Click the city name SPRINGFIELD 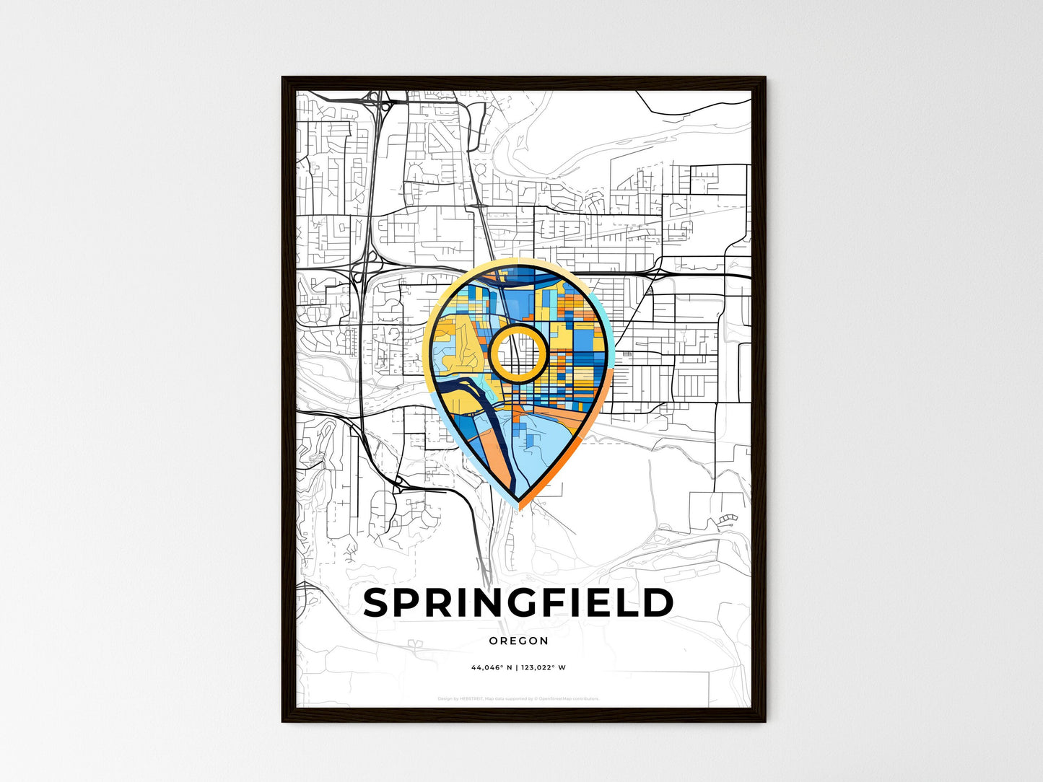click(518, 603)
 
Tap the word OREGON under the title click(518, 641)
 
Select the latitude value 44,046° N click(492, 667)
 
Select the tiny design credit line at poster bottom click(518, 698)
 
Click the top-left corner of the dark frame click(284, 79)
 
